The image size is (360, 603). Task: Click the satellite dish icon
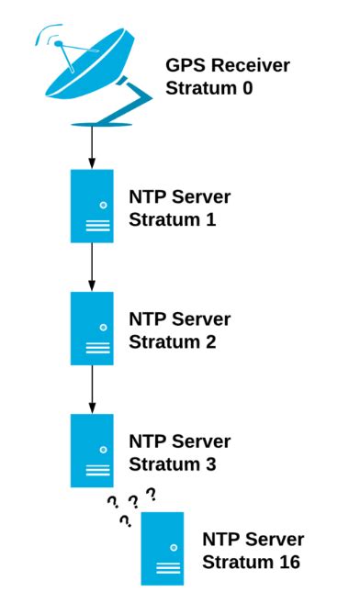pos(92,73)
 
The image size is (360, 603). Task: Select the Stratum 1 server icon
pos(92,206)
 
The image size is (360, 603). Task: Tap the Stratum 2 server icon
pos(92,329)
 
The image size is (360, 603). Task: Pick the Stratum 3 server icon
pos(92,451)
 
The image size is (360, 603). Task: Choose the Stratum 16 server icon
pos(163,548)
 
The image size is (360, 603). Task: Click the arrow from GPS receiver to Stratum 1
pos(92,147)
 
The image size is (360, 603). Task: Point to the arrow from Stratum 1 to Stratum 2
pos(92,267)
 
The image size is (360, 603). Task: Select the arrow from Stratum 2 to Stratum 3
pos(92,389)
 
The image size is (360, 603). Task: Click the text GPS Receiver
pos(227,66)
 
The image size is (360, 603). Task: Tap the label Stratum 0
pos(208,89)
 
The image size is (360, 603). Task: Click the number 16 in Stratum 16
pos(288,562)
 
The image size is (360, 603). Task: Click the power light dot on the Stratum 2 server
pos(103,327)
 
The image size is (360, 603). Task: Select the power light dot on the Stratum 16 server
pos(173,546)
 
